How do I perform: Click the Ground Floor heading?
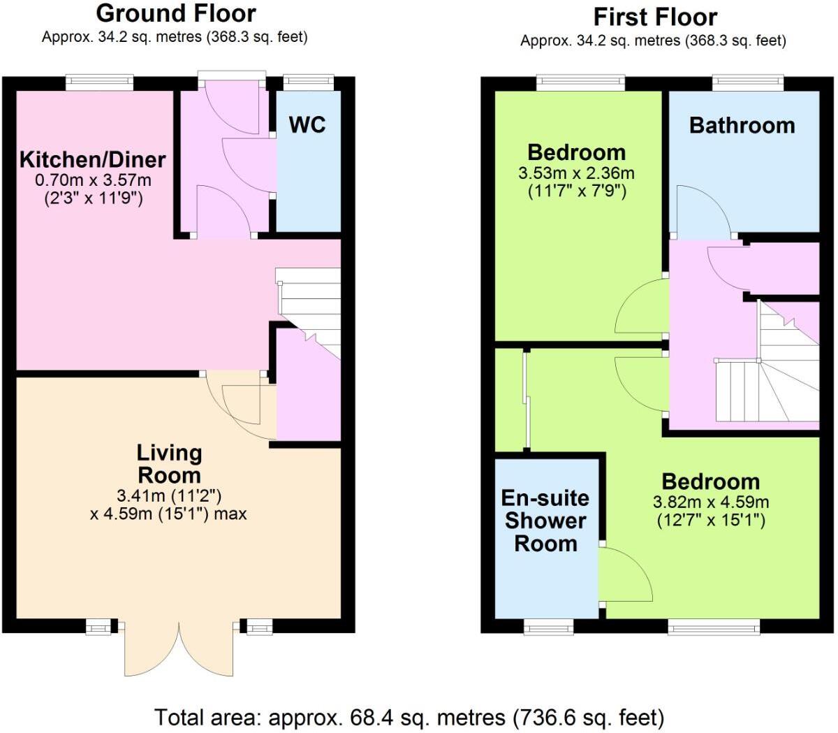(175, 13)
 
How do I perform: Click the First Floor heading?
(654, 17)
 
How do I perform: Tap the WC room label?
(307, 124)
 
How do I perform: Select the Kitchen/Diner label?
(92, 159)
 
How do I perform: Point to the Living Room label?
(169, 464)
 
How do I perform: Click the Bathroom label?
(742, 126)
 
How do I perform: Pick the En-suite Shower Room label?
(545, 521)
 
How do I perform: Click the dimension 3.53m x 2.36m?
(576, 173)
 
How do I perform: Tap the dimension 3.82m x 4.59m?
(710, 502)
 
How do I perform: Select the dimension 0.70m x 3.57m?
(93, 180)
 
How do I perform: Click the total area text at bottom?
(409, 717)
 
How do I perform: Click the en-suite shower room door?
(623, 573)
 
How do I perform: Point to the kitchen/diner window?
(99, 82)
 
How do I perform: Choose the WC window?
(304, 82)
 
